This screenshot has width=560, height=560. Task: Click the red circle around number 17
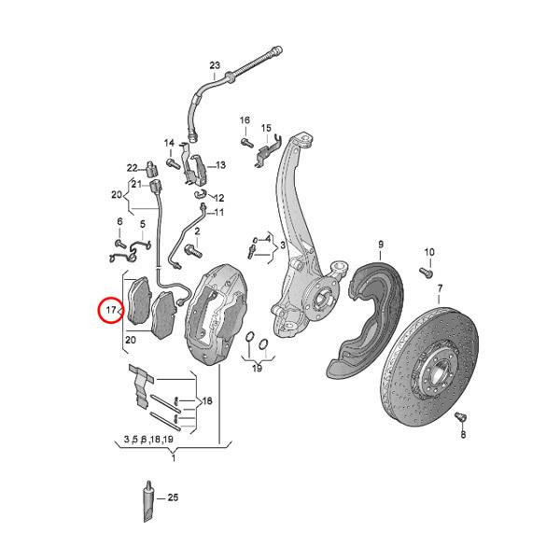pos(111,309)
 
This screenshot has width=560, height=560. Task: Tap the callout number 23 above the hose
pos(215,65)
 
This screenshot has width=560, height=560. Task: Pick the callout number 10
pos(429,252)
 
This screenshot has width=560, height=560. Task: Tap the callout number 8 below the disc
pos(462,436)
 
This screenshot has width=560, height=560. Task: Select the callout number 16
pos(245,120)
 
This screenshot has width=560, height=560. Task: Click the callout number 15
pos(266,128)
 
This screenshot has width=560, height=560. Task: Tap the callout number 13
pos(221,166)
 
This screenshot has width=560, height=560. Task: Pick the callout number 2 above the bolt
pos(198,231)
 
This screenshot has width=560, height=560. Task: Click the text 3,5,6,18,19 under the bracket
pos(149,439)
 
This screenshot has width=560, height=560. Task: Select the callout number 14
pos(170,143)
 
